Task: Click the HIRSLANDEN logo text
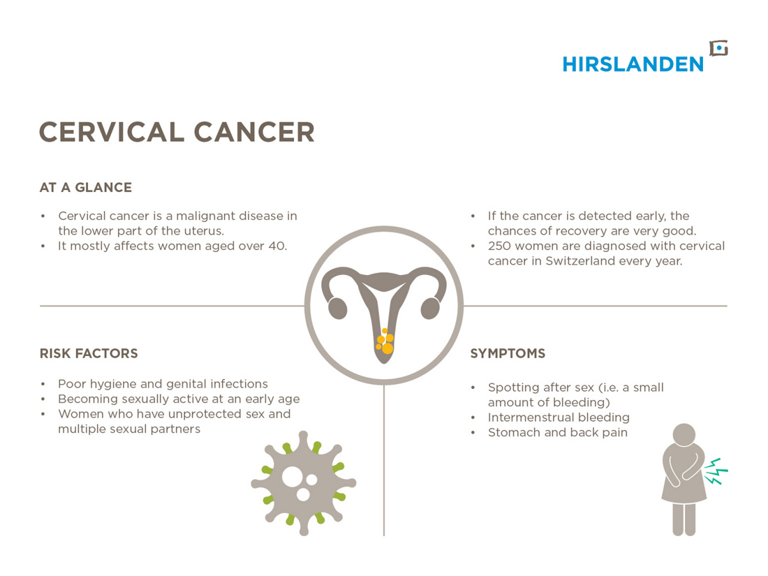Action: tap(633, 64)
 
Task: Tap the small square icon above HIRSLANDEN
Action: tap(719, 48)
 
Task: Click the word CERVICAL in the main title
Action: tap(112, 132)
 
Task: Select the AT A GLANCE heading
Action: tap(86, 188)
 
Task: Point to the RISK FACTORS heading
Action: tap(89, 354)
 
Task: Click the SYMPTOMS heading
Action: tap(508, 354)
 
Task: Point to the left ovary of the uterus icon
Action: tap(337, 309)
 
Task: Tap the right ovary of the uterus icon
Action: tap(431, 309)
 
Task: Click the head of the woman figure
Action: tap(684, 435)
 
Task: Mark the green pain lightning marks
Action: tap(716, 471)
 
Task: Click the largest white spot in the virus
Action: tap(293, 477)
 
